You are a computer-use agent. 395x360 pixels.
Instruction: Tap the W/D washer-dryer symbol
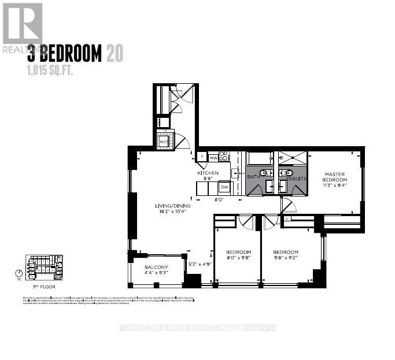(164, 141)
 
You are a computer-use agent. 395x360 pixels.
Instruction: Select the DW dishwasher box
(224, 187)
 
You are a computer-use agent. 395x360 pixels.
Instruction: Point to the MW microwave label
(213, 157)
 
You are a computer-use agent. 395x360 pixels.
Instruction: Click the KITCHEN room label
(208, 173)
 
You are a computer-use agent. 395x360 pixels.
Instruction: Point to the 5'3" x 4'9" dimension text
(200, 265)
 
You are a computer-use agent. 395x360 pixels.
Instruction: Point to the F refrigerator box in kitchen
(202, 157)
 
